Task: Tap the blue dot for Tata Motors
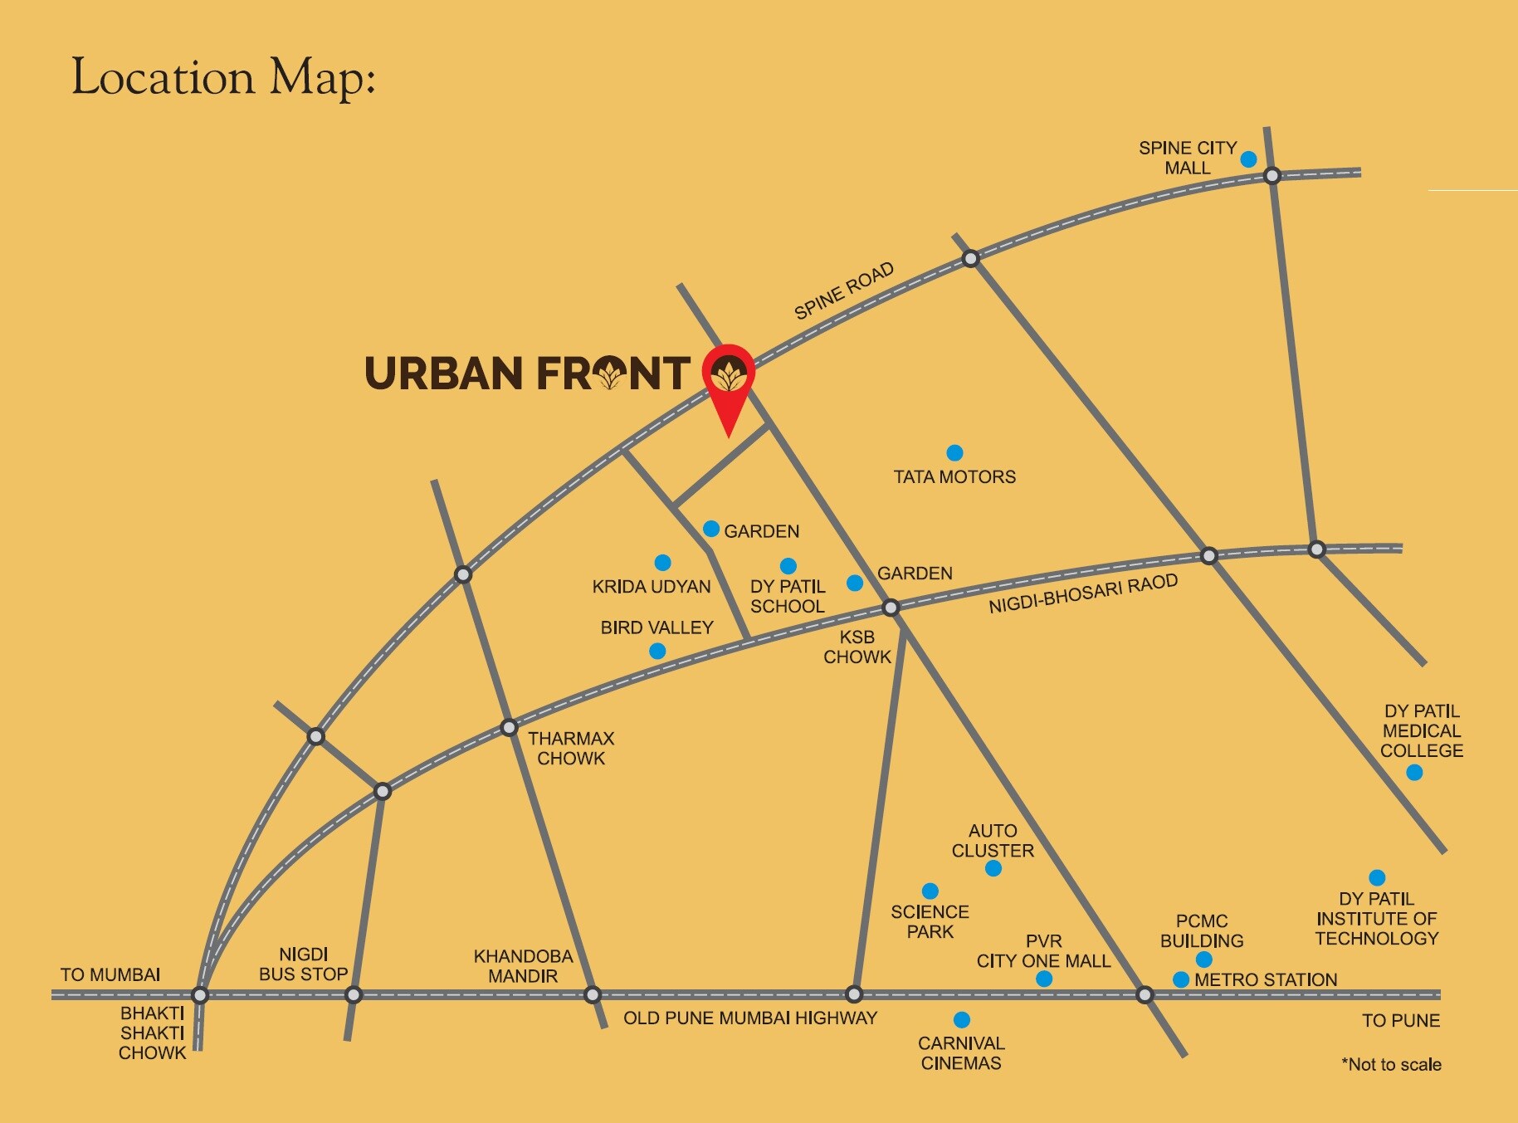[x=954, y=452]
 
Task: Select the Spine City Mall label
[x=1187, y=158]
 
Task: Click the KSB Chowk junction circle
[x=891, y=608]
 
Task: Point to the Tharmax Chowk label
[x=571, y=748]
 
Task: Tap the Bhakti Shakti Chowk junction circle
[x=199, y=994]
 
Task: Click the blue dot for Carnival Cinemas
[x=961, y=1019]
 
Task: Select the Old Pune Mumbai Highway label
[x=749, y=1018]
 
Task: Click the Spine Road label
[x=843, y=291]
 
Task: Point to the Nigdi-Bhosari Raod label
[x=1083, y=593]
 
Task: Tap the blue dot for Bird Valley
[x=657, y=651]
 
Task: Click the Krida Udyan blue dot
[x=662, y=563]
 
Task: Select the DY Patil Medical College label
[x=1421, y=730]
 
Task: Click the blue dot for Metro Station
[x=1180, y=979]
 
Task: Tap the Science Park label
[x=930, y=921]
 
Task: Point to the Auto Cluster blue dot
[x=993, y=868]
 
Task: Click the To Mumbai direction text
[x=110, y=974]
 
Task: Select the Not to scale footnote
[x=1391, y=1064]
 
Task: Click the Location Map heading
[x=223, y=78]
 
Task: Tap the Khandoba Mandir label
[x=523, y=966]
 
